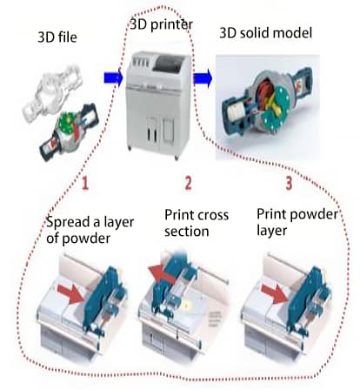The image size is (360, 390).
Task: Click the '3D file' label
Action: [57, 37]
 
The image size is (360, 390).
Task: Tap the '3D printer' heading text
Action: [162, 24]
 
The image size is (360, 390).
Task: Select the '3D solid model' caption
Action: [265, 33]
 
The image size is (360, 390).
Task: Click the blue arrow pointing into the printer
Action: [113, 77]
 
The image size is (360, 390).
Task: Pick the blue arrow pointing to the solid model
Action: [203, 77]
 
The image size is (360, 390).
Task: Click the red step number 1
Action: [84, 184]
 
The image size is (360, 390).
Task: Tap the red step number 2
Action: [188, 184]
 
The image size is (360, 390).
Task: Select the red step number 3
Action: [289, 184]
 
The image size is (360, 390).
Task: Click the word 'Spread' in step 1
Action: [64, 223]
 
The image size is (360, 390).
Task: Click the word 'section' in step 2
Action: [187, 232]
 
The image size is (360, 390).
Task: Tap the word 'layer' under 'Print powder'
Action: [272, 231]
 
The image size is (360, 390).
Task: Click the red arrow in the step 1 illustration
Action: [70, 293]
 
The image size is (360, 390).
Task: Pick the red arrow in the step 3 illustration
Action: [274, 293]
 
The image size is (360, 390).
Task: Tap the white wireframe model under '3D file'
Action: [52, 92]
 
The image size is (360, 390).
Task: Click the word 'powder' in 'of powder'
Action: [86, 239]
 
